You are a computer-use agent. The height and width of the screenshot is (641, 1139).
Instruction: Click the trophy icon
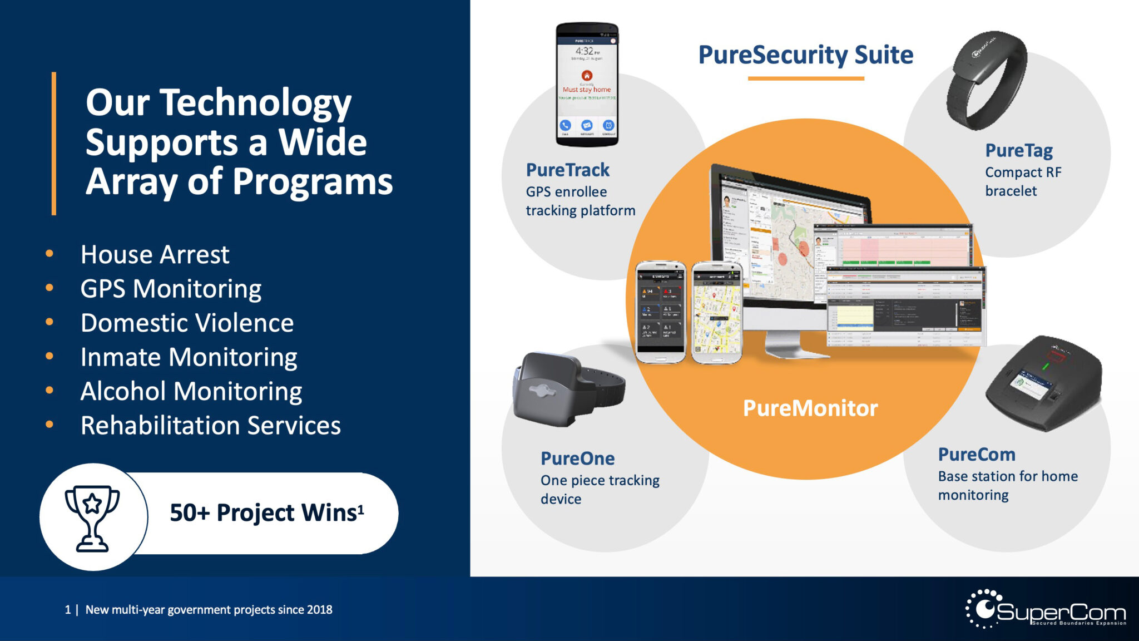tap(92, 517)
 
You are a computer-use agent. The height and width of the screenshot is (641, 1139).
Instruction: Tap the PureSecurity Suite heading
tap(805, 55)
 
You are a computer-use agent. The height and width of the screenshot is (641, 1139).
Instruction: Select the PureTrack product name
tap(567, 170)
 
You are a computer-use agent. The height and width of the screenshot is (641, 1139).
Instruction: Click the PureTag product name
tap(1018, 150)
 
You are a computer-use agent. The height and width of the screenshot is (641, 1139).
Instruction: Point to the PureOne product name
tap(577, 458)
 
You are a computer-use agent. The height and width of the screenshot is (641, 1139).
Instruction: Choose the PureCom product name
tap(976, 455)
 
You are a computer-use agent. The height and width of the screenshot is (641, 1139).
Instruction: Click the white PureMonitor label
tap(810, 408)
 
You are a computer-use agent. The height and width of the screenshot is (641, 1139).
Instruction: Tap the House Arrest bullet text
tap(155, 255)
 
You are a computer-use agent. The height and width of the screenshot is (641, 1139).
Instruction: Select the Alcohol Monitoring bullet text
tap(191, 391)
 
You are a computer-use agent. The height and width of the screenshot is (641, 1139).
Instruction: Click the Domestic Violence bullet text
tap(187, 323)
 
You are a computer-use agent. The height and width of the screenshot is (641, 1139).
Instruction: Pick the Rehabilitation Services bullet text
tap(210, 426)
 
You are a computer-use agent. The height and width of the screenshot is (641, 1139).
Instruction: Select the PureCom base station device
tap(1043, 384)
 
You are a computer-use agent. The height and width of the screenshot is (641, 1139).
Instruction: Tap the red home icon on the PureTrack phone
tap(587, 75)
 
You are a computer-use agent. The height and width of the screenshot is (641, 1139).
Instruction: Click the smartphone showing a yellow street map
tap(717, 313)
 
